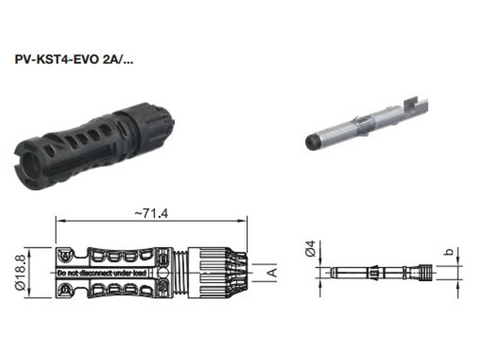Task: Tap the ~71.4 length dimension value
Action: [x=151, y=213]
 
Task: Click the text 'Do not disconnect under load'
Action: [x=101, y=273]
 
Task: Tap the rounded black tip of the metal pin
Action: [x=310, y=141]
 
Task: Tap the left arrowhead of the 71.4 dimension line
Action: [x=58, y=220]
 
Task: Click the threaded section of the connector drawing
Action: [x=181, y=272]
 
